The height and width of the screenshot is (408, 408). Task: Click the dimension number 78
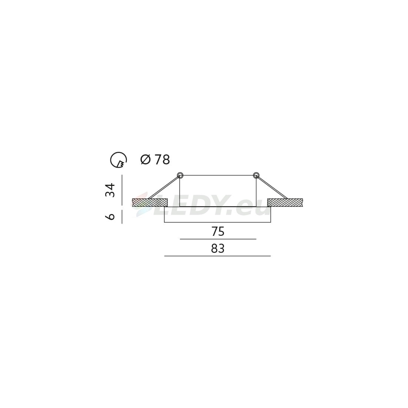click(162, 160)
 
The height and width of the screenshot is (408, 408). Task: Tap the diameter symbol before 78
click(146, 160)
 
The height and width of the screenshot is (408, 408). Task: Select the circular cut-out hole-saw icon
click(118, 160)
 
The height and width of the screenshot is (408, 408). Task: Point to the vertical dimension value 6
click(110, 217)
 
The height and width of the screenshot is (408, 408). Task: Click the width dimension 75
click(218, 231)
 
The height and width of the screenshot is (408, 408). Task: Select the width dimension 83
click(218, 249)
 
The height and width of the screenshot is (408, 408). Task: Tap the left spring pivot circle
click(180, 175)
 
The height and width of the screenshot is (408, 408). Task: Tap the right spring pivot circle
click(256, 175)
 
